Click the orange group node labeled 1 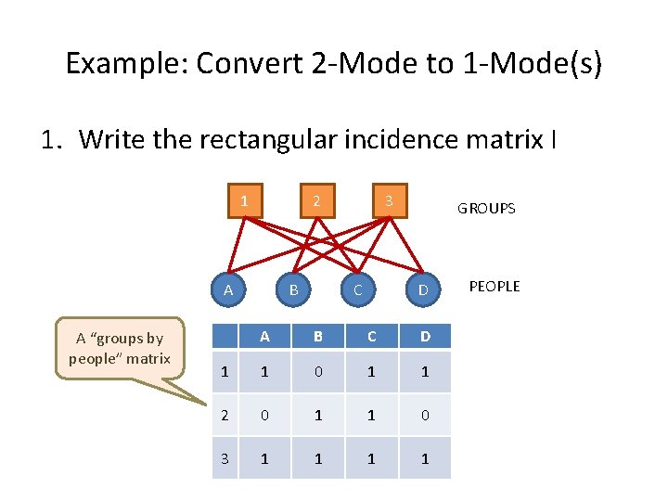(x=244, y=201)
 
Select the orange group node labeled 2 (x=316, y=201)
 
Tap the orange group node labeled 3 (x=390, y=201)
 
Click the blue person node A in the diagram (x=228, y=290)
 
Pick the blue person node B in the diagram (x=293, y=290)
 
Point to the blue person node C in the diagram (x=357, y=290)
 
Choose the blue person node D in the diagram (x=422, y=290)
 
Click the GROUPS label (x=486, y=209)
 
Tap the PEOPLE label (x=495, y=287)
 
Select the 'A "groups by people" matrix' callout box (x=120, y=348)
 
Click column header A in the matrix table (x=264, y=336)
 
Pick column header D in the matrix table (x=425, y=336)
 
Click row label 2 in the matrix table (x=225, y=415)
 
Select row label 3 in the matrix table (x=225, y=458)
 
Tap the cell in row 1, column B (x=318, y=372)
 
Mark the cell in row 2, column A (x=264, y=415)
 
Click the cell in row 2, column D (x=425, y=415)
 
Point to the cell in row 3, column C (x=371, y=458)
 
